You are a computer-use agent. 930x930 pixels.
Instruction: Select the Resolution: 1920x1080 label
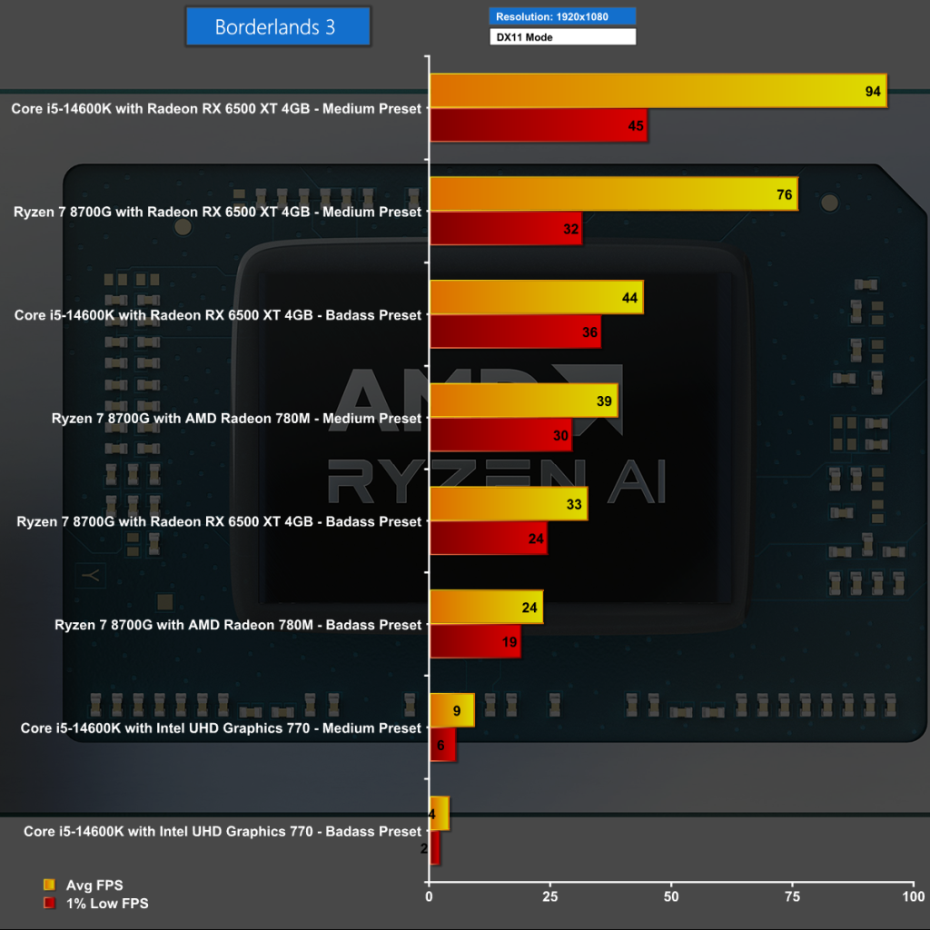563,15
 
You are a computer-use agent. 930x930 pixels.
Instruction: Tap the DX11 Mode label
563,37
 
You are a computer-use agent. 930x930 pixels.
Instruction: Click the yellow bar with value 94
658,91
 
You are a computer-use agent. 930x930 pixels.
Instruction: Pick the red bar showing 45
538,125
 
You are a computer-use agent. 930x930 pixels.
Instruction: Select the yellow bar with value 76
613,194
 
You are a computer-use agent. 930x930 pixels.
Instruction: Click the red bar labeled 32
505,229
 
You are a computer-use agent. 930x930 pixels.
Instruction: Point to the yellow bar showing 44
536,297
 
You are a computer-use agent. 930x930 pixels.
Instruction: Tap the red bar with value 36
515,332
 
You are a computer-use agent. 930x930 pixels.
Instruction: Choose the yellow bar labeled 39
523,401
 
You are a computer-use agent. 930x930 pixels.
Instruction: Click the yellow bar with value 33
509,504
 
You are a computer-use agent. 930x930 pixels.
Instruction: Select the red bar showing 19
475,642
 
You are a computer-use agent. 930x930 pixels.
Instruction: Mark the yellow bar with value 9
451,710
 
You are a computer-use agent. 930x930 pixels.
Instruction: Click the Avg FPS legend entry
83,885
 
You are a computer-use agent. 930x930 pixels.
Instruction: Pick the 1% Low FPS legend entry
95,903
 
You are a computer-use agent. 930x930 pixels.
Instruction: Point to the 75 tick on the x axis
792,896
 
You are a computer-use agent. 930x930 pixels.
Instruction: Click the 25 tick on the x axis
549,896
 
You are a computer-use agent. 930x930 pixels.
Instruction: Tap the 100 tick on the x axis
913,896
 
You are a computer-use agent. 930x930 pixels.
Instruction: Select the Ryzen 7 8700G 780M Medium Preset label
237,419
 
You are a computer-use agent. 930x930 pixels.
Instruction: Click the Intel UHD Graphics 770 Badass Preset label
223,831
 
